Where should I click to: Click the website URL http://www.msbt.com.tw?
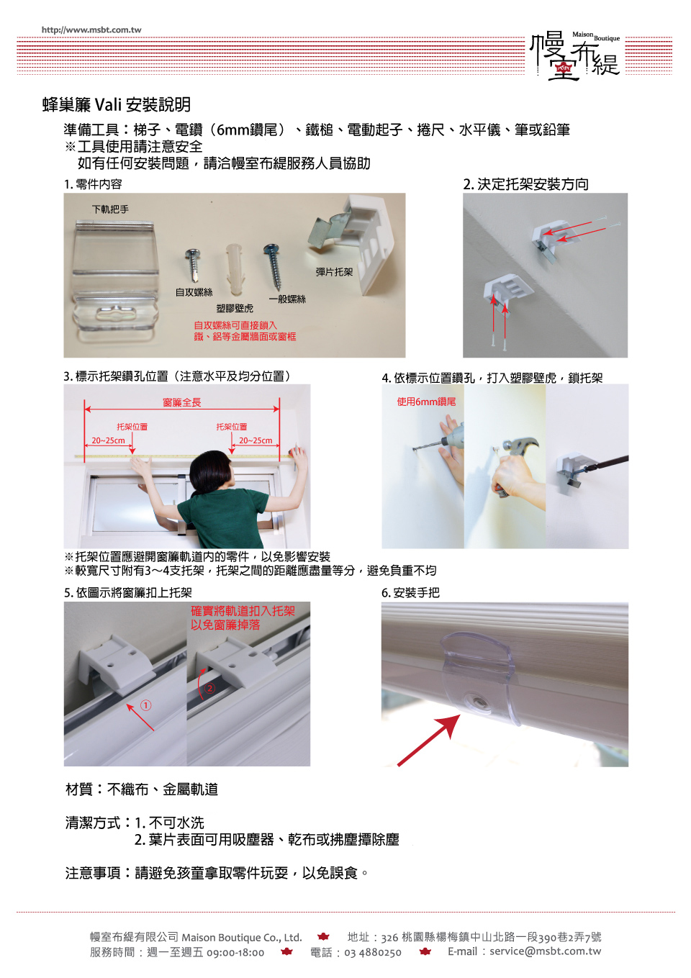point(91,30)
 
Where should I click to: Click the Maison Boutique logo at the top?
point(575,56)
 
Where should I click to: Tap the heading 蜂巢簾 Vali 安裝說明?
point(117,105)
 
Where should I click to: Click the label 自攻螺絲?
point(194,292)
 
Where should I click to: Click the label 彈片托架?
point(334,272)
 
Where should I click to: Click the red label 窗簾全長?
point(181,402)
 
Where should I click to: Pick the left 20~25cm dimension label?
point(108,440)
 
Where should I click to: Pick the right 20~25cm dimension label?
point(256,440)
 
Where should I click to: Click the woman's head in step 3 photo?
point(211,471)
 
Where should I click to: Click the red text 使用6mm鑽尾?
point(426,402)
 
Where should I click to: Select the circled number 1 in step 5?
point(146,705)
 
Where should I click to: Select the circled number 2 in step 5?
point(210,689)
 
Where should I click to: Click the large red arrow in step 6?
point(428,740)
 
